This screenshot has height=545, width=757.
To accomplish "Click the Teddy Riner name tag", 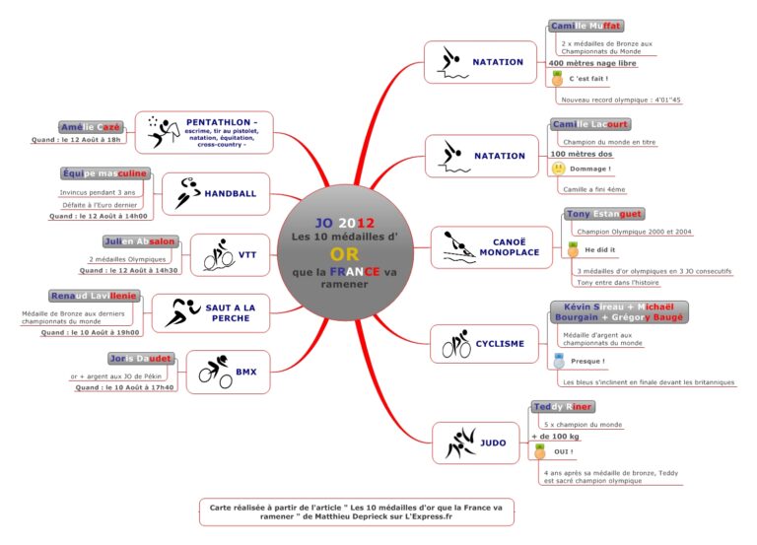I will click(563, 406).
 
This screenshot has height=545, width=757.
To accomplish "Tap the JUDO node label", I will click(494, 443).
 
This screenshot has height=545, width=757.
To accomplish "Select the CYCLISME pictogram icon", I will click(456, 344).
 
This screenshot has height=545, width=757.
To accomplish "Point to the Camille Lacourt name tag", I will click(589, 124).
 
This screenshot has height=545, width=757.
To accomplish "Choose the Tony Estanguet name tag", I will click(603, 213).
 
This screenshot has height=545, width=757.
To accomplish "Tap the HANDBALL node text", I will click(230, 193).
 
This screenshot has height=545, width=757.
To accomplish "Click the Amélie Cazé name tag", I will click(91, 127).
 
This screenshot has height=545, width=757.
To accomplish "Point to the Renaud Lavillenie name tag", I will click(94, 296).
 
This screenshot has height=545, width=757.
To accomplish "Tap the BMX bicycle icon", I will click(215, 372).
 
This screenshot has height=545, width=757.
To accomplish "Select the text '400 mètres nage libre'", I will click(592, 63).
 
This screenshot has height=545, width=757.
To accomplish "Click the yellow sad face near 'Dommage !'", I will click(558, 169).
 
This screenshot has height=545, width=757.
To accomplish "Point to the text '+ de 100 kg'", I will click(555, 436).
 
